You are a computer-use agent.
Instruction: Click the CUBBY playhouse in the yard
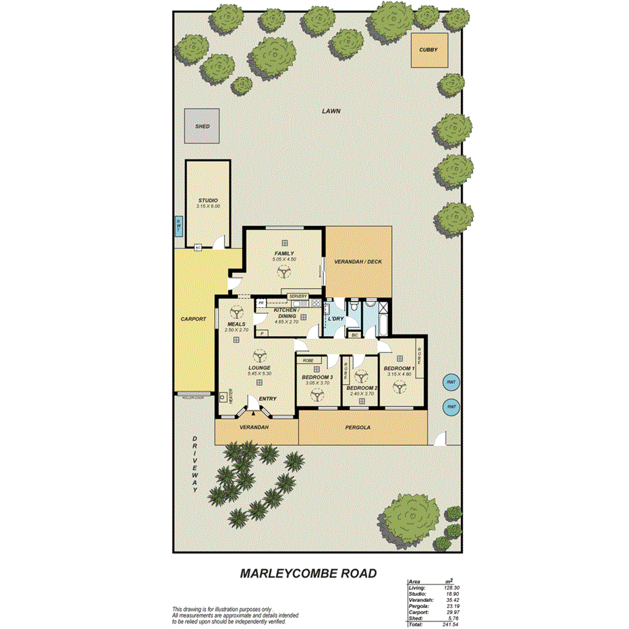coord(429,50)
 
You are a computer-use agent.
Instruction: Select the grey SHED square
coord(202,126)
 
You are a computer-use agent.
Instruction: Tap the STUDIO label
coord(208,200)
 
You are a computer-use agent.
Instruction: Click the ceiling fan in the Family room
coord(284,271)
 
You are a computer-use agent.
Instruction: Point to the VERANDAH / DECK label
coord(358,260)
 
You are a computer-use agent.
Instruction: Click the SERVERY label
coord(298,296)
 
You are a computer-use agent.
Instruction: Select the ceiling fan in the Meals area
coord(236,312)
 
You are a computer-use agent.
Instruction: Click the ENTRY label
coord(267,399)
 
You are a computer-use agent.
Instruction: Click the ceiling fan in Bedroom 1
coord(399,387)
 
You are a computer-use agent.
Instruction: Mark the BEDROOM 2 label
coord(361,389)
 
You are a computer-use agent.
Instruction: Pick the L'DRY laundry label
coord(337,319)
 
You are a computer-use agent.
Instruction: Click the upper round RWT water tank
coord(451,382)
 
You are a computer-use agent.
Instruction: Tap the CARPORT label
coord(193,319)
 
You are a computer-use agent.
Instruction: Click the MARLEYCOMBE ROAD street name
coord(308,574)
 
